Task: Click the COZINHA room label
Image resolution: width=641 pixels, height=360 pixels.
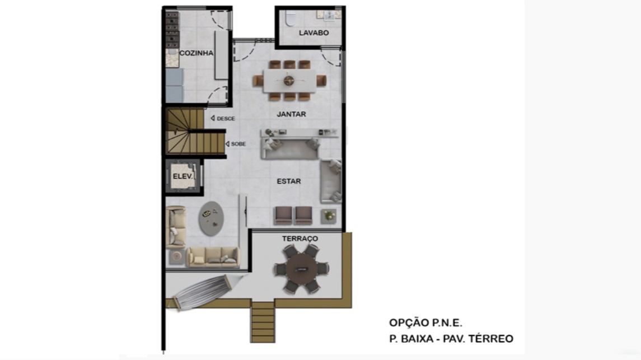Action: pyautogui.click(x=196, y=53)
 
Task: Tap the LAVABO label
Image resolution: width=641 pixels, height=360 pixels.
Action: pyautogui.click(x=314, y=32)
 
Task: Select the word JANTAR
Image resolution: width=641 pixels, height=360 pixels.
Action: pyautogui.click(x=291, y=114)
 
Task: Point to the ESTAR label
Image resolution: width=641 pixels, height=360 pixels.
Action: pyautogui.click(x=289, y=181)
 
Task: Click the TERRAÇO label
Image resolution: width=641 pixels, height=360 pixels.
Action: pyautogui.click(x=300, y=239)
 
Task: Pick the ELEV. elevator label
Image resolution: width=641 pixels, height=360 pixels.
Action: pyautogui.click(x=183, y=176)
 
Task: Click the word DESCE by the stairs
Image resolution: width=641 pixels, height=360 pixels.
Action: pyautogui.click(x=226, y=119)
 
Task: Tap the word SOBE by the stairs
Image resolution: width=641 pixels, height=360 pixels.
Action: pyautogui.click(x=238, y=144)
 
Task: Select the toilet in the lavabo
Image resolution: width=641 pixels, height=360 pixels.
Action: pyautogui.click(x=291, y=17)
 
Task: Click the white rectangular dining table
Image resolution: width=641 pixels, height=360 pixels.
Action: pyautogui.click(x=289, y=81)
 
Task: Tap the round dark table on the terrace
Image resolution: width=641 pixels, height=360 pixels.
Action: pyautogui.click(x=301, y=269)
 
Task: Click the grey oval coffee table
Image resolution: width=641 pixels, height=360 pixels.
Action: pyautogui.click(x=211, y=218)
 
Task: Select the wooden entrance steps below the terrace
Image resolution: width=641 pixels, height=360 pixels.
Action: pyautogui.click(x=263, y=322)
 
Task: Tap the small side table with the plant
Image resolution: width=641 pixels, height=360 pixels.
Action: pyautogui.click(x=328, y=216)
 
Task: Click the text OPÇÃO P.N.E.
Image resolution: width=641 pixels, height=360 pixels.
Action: pyautogui.click(x=425, y=323)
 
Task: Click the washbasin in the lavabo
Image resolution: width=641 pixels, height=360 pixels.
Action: pyautogui.click(x=329, y=16)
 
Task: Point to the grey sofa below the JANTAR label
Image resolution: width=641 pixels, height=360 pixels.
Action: pyautogui.click(x=290, y=148)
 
